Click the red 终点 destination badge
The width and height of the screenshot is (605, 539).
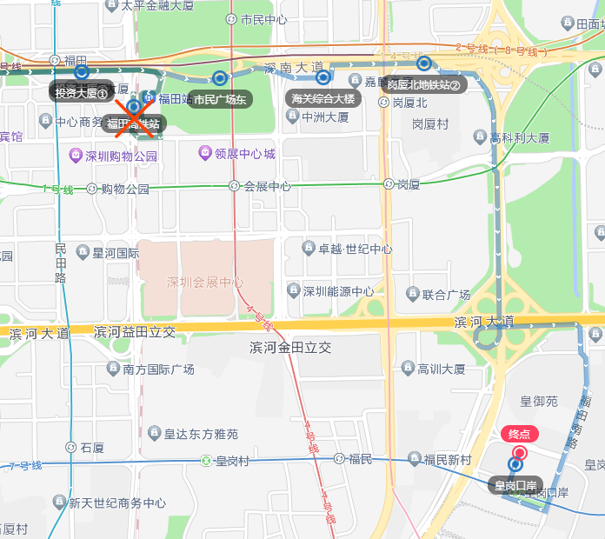(519, 434)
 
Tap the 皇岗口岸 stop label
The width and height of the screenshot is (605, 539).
(515, 484)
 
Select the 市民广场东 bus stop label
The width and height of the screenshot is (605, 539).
(220, 99)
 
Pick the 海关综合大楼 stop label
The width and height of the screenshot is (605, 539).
(323, 98)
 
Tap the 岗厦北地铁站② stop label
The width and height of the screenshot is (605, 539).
(423, 84)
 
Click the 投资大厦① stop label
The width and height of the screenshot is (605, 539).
(81, 92)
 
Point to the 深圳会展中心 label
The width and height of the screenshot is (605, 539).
(205, 283)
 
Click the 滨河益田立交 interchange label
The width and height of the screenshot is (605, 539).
(134, 331)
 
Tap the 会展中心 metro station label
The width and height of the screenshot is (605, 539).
(266, 186)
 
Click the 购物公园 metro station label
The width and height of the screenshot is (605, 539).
(125, 189)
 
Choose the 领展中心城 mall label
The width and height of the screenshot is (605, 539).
(244, 154)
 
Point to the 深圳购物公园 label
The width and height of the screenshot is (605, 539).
(121, 156)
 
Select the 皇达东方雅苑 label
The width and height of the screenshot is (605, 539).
(201, 433)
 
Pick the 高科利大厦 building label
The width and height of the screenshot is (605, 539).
(519, 137)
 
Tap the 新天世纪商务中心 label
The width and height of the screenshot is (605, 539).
(117, 502)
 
